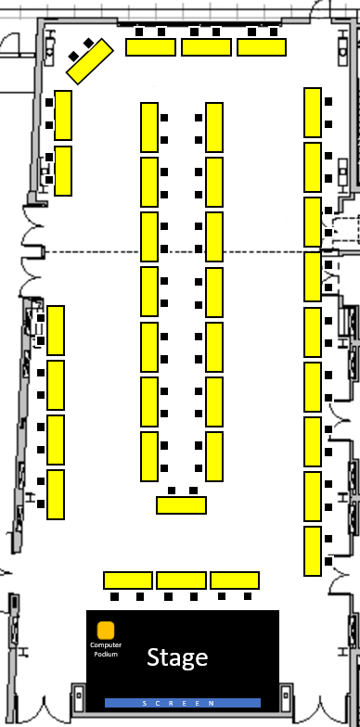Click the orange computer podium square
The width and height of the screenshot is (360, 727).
tap(106, 631)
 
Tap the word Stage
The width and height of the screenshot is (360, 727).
tap(177, 657)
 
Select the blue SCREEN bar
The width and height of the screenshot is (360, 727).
tap(183, 703)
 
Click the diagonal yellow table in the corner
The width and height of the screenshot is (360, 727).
tap(90, 61)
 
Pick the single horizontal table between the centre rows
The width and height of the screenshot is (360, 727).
tap(182, 504)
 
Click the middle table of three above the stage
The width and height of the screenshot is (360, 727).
tap(182, 580)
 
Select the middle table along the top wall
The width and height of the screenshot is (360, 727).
tap(206, 47)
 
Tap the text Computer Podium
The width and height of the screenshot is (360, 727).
tap(106, 649)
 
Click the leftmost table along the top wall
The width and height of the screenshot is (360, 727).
tap(150, 47)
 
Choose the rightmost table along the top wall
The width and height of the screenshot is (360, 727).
tap(262, 47)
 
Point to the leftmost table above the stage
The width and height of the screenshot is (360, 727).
tap(128, 580)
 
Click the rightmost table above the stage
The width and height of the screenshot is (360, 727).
tap(235, 580)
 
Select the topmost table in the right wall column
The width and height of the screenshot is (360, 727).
tap(313, 113)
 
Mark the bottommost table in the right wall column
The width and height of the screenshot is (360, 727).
tap(313, 551)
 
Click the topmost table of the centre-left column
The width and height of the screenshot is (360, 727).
tap(149, 128)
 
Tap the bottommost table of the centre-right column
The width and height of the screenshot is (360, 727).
tap(214, 456)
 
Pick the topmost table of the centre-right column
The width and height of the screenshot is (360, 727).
tap(214, 128)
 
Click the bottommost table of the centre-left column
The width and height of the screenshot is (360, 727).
tap(149, 456)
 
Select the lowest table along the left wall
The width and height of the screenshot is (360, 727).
tap(56, 495)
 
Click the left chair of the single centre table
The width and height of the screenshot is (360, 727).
tap(172, 491)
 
